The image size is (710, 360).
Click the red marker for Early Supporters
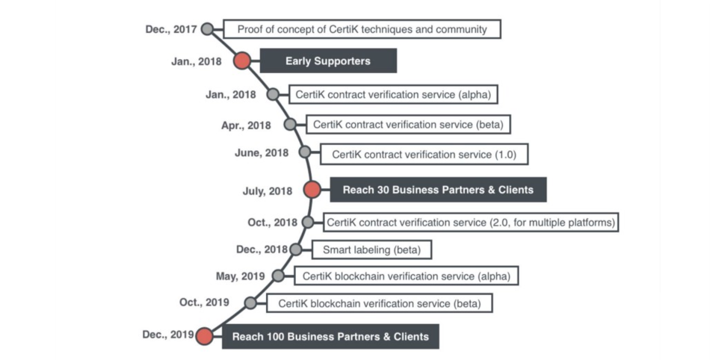pyautogui.click(x=242, y=61)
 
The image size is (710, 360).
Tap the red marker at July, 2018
pyautogui.click(x=312, y=190)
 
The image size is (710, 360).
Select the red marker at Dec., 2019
pyautogui.click(x=205, y=336)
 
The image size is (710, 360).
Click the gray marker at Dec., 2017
pyautogui.click(x=207, y=29)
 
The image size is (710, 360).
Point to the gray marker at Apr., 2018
pyautogui.click(x=290, y=124)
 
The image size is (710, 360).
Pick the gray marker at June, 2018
pyautogui.click(x=304, y=152)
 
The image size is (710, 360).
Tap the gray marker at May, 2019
pyautogui.click(x=278, y=276)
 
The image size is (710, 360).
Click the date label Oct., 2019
pyautogui.click(x=204, y=302)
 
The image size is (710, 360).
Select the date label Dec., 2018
pyautogui.click(x=262, y=249)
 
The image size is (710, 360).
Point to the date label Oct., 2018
pyautogui.click(x=272, y=222)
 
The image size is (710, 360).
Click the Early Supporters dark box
pyautogui.click(x=328, y=61)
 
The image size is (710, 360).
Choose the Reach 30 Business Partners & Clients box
pyautogui.click(x=438, y=190)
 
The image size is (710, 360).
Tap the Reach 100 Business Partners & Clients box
pyautogui.click(x=330, y=336)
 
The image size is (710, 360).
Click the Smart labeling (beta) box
pyautogui.click(x=371, y=250)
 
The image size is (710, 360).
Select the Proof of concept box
pyautogui.click(x=362, y=29)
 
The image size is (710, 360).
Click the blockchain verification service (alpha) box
pyautogui.click(x=406, y=276)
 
